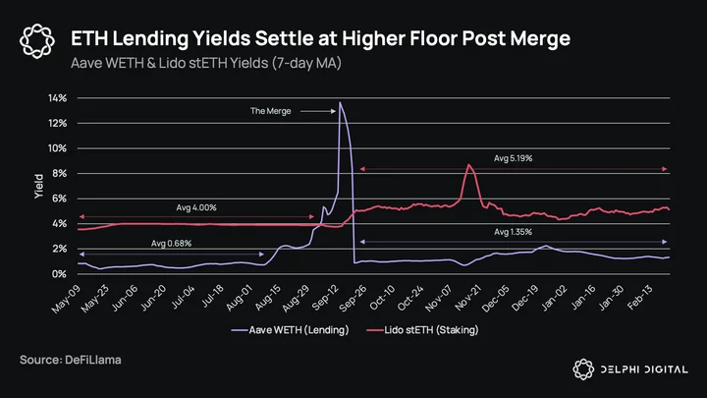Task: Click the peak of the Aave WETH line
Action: (x=340, y=102)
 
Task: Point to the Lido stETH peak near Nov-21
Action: (x=469, y=165)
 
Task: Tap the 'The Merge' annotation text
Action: (x=271, y=111)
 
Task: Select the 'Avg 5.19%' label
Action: (x=514, y=158)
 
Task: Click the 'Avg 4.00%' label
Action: (x=196, y=207)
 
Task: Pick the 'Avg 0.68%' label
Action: (x=171, y=244)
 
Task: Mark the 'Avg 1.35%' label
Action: (x=514, y=232)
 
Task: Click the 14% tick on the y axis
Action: (x=57, y=98)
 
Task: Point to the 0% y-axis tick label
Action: (x=59, y=274)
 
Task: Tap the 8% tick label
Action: (x=59, y=173)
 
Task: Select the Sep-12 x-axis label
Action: (x=325, y=299)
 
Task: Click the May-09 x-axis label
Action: (x=66, y=299)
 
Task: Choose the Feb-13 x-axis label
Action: (x=640, y=298)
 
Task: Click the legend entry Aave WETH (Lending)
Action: (x=291, y=330)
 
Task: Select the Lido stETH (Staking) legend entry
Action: (x=422, y=330)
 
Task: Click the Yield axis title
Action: (x=38, y=186)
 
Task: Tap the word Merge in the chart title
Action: (x=540, y=38)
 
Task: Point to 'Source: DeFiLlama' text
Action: (x=71, y=360)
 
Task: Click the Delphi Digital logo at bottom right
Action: (x=630, y=370)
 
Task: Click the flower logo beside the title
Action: (x=37, y=41)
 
